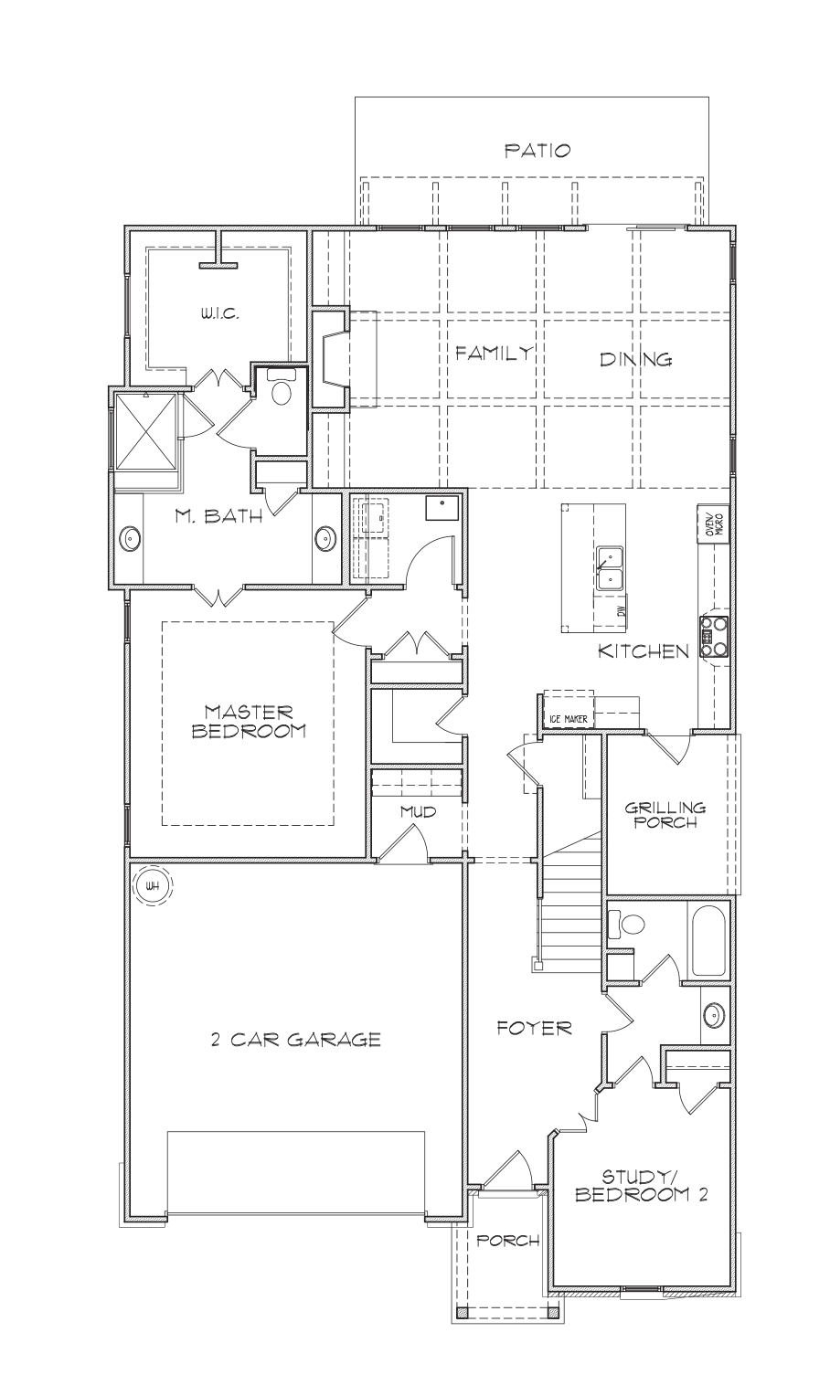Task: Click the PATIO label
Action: pos(537,151)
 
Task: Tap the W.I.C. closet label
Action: pos(219,314)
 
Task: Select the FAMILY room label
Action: pos(495,353)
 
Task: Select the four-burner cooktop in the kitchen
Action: pos(714,636)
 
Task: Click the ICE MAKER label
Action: pos(569,719)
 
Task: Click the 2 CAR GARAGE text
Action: pos(295,1039)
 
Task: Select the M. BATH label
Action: pos(218,516)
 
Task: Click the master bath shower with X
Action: pos(145,435)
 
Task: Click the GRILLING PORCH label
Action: pos(665,814)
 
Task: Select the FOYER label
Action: pos(534,1028)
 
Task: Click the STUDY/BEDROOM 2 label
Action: pos(642,1184)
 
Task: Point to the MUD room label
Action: pos(417,810)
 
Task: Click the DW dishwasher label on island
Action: pos(621,609)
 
